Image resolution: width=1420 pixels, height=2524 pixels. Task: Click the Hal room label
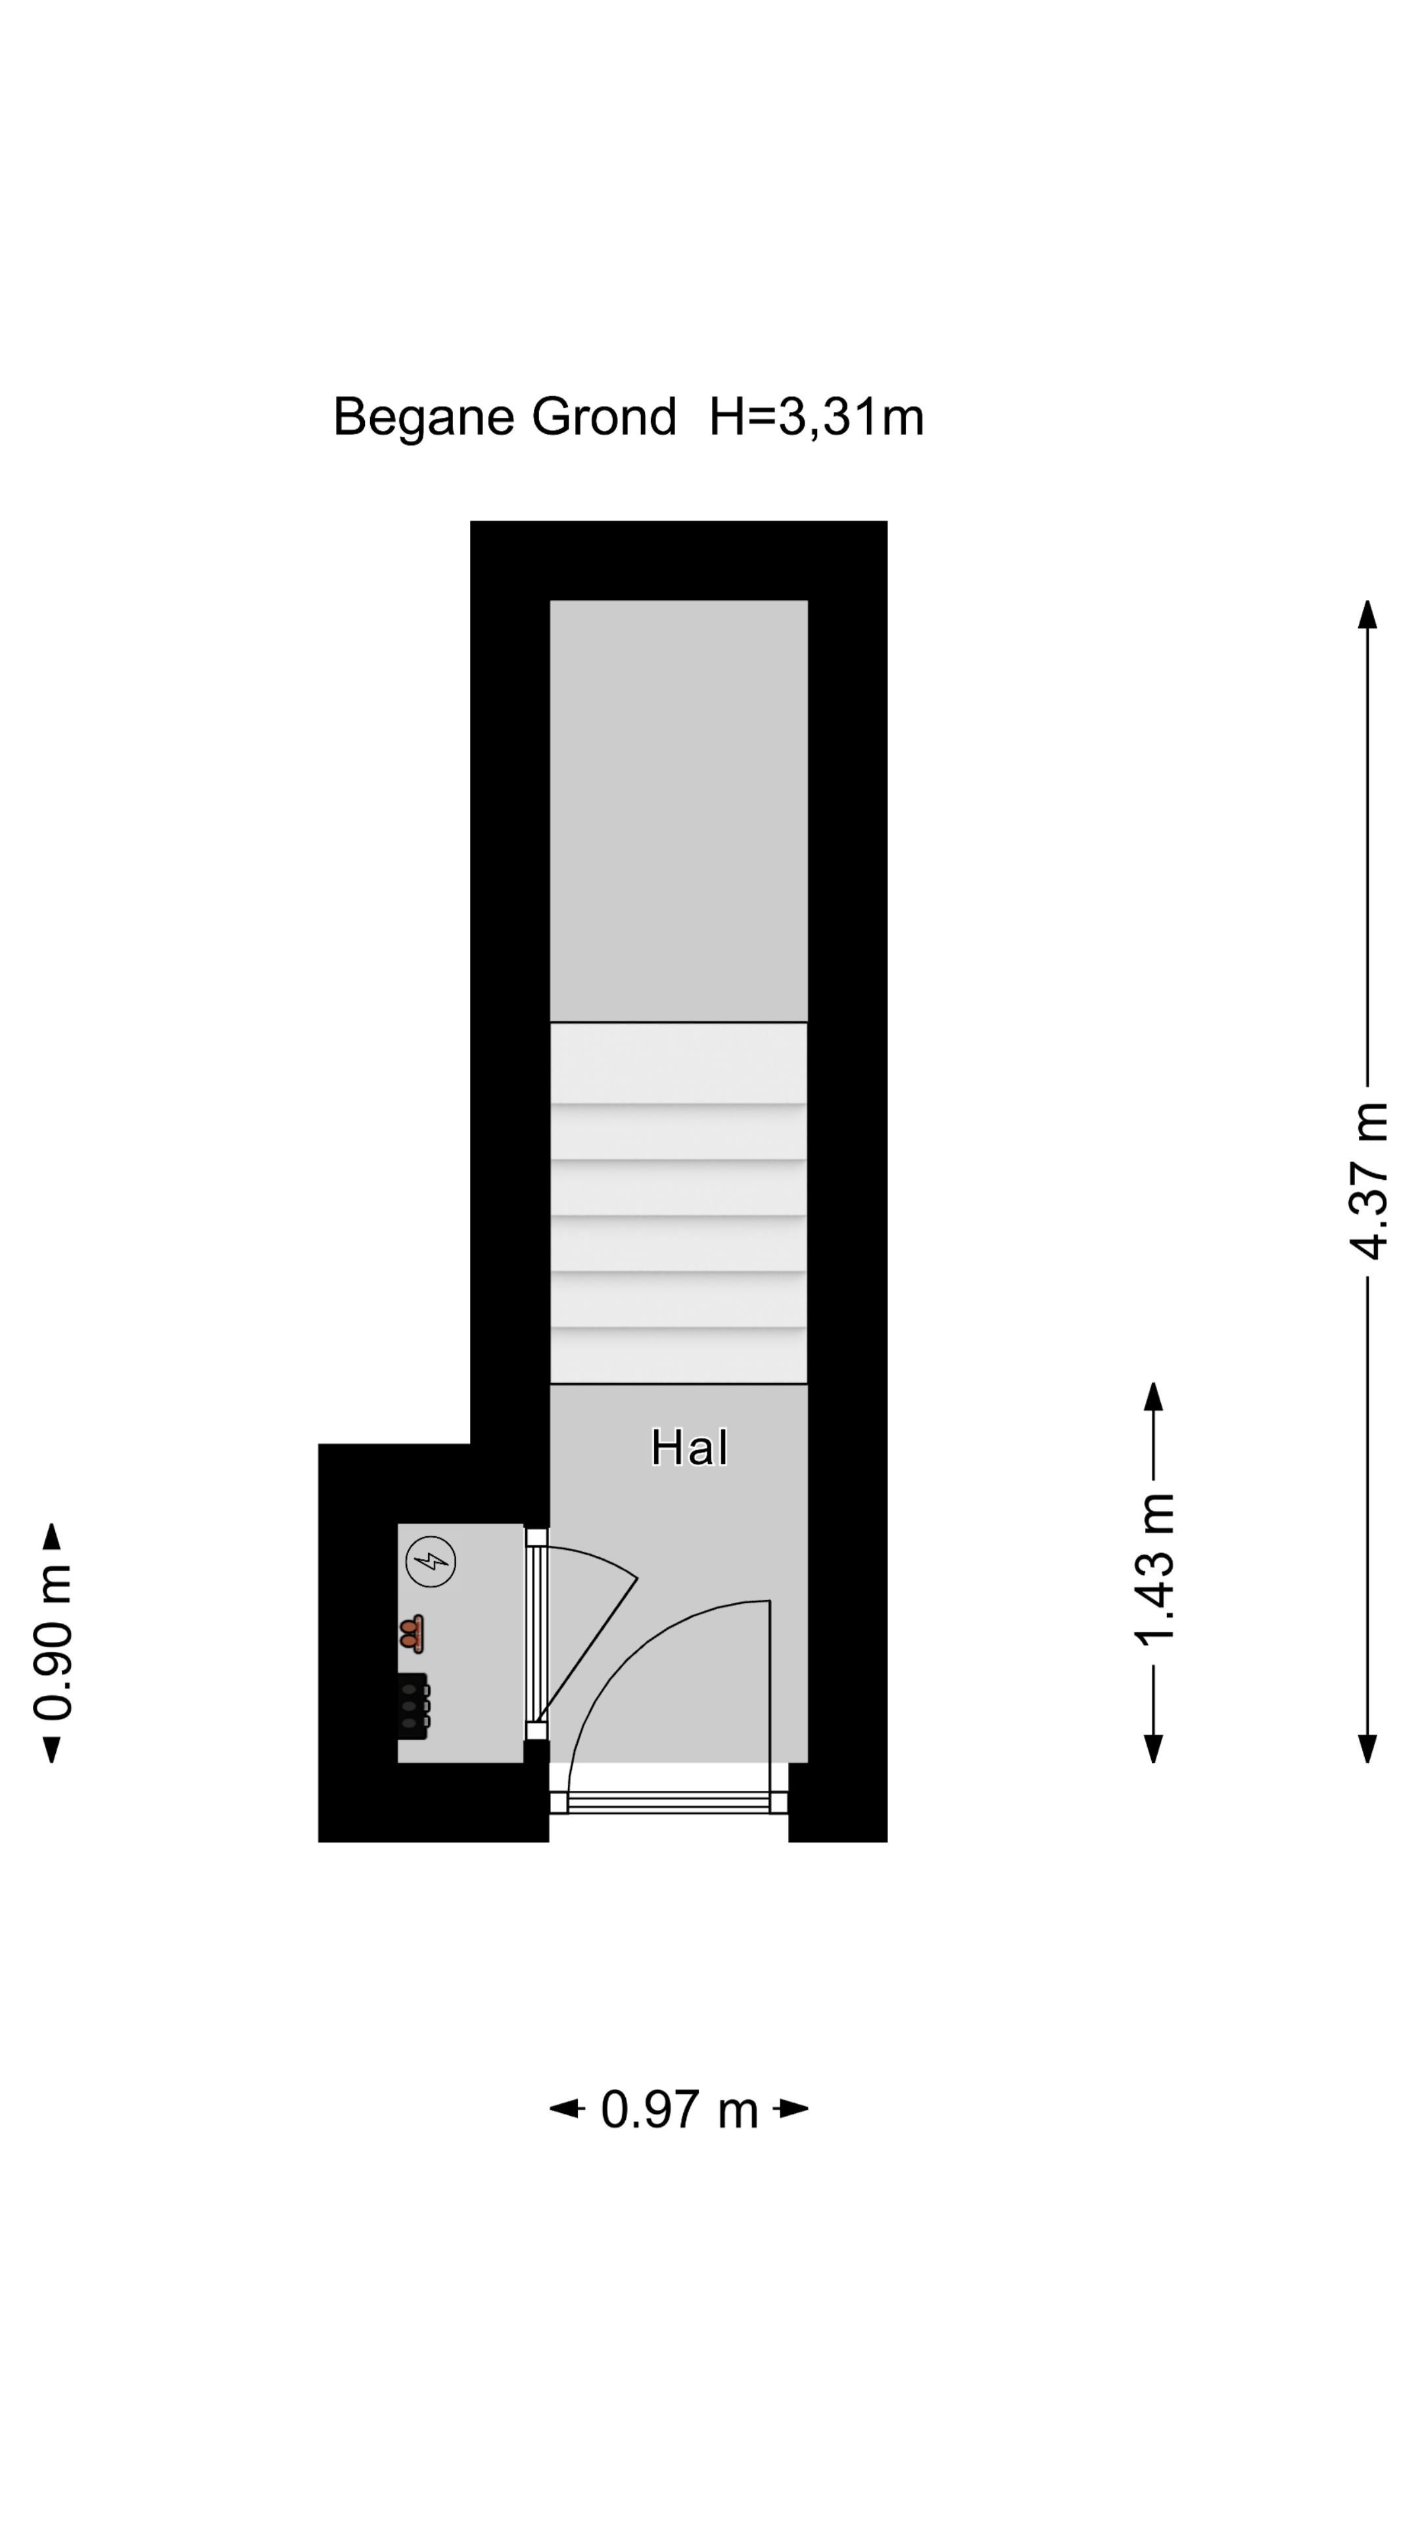point(689,1448)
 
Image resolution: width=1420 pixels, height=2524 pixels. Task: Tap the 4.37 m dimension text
point(1368,1180)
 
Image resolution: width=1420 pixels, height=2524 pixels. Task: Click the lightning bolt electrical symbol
point(431,1561)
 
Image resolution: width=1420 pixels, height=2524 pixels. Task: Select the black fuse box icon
point(414,1706)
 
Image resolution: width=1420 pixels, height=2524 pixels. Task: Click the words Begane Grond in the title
point(505,417)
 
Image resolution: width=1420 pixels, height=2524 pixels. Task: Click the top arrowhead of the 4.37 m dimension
point(1368,615)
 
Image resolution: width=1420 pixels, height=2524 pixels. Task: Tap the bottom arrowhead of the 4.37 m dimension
point(1368,1748)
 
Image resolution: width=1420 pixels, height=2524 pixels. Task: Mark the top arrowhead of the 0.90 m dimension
point(53,1536)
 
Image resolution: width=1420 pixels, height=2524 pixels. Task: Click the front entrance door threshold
point(669,1801)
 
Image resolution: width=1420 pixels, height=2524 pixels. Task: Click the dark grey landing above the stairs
point(678,810)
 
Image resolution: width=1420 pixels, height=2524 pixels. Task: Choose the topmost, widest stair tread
point(678,1062)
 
